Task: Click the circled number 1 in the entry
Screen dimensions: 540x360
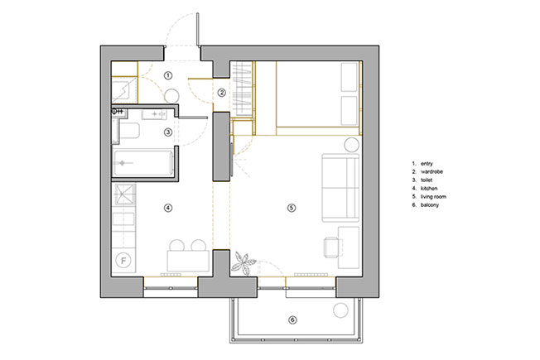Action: click(x=168, y=75)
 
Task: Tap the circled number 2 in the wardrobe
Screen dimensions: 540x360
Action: click(x=222, y=93)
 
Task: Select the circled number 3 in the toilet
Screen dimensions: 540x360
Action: click(x=168, y=132)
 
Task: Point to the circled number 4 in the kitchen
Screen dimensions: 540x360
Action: click(x=168, y=208)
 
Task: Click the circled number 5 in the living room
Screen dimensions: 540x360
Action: click(x=292, y=208)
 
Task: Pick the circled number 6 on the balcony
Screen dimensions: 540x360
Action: click(x=292, y=320)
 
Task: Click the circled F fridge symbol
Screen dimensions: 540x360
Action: click(x=124, y=261)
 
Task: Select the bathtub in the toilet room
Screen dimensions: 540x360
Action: click(x=143, y=163)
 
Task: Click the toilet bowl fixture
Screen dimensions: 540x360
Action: click(x=129, y=131)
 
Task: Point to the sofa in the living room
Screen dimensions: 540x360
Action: click(x=341, y=188)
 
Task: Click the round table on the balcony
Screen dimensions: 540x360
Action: click(x=341, y=310)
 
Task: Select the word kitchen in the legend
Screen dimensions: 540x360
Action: click(x=429, y=188)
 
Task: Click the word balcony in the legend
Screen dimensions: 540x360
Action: click(x=430, y=204)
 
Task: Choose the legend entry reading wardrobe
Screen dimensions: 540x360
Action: click(x=432, y=172)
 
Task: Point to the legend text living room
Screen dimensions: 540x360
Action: click(x=433, y=196)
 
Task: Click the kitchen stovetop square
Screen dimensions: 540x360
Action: click(x=125, y=194)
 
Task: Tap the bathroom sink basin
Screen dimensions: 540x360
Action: click(x=155, y=113)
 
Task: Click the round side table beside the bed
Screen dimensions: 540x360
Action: click(x=352, y=145)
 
